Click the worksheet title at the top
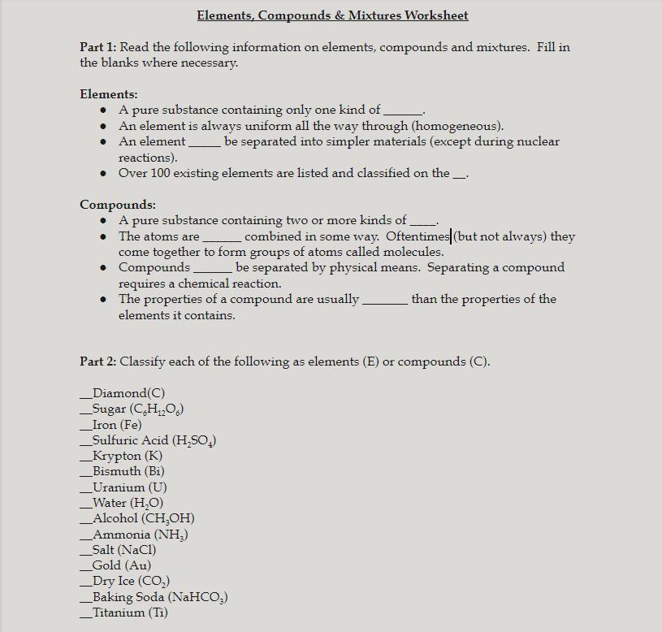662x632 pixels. pyautogui.click(x=332, y=15)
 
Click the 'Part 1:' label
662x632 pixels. pyautogui.click(x=97, y=47)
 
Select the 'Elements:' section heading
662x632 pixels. pyautogui.click(x=109, y=94)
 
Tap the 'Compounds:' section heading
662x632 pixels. pyautogui.click(x=118, y=205)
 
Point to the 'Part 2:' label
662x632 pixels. pyautogui.click(x=97, y=361)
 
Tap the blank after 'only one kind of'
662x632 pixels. pyautogui.click(x=403, y=110)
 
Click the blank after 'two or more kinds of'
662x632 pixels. pyautogui.click(x=423, y=221)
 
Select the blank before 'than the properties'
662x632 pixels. pyautogui.click(x=384, y=300)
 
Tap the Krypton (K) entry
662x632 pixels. pyautogui.click(x=127, y=456)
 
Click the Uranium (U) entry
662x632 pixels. pyautogui.click(x=129, y=487)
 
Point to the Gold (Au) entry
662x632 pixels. pyautogui.click(x=121, y=565)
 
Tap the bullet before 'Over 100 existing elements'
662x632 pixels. pyautogui.click(x=103, y=173)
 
